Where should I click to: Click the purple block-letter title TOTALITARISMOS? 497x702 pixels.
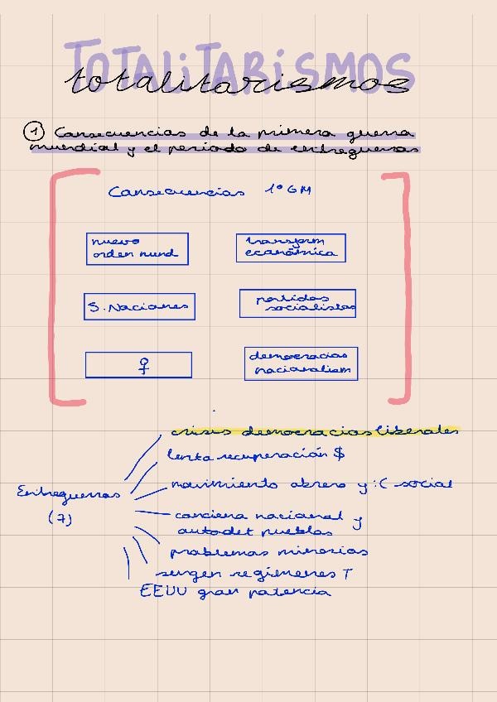240,62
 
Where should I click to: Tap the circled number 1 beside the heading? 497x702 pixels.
33,131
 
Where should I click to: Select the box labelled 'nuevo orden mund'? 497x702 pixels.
137,248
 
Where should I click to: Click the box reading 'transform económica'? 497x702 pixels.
291,248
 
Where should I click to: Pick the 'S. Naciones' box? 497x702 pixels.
139,306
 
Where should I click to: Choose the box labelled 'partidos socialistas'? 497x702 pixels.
297,303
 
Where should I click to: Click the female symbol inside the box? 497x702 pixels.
143,364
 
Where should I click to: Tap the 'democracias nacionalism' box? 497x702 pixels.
302,363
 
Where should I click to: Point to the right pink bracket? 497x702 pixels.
406,286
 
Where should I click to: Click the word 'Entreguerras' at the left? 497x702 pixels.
68,493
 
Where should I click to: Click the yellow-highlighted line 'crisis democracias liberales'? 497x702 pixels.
315,430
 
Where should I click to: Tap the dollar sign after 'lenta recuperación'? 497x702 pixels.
339,454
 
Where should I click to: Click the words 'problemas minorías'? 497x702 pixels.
268,551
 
